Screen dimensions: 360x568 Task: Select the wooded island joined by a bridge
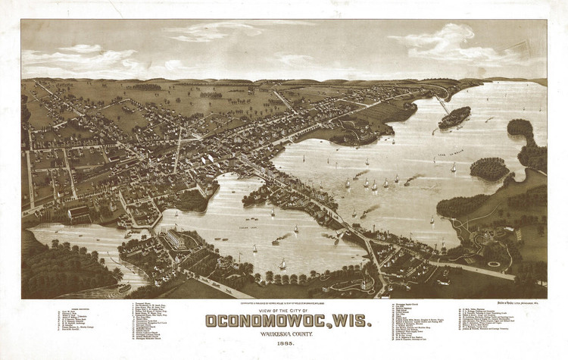point(454,117)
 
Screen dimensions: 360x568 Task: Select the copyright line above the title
point(283,301)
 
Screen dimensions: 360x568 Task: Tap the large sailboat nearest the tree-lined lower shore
point(282,263)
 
